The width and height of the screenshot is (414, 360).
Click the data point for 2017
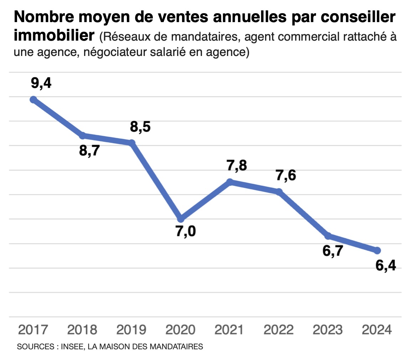[33, 100]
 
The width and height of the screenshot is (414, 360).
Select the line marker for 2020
[181, 218]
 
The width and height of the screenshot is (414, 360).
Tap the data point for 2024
[377, 251]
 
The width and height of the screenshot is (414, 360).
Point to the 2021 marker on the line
[230, 182]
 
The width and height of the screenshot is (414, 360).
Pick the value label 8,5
[140, 127]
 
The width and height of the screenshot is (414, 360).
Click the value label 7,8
[236, 166]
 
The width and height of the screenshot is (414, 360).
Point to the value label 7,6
[286, 176]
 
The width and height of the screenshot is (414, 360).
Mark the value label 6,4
[386, 265]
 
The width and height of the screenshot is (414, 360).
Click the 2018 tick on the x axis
[82, 330]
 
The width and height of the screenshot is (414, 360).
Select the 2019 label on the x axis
[131, 330]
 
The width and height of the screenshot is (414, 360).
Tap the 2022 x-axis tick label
[279, 330]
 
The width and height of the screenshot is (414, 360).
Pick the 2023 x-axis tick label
[328, 330]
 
